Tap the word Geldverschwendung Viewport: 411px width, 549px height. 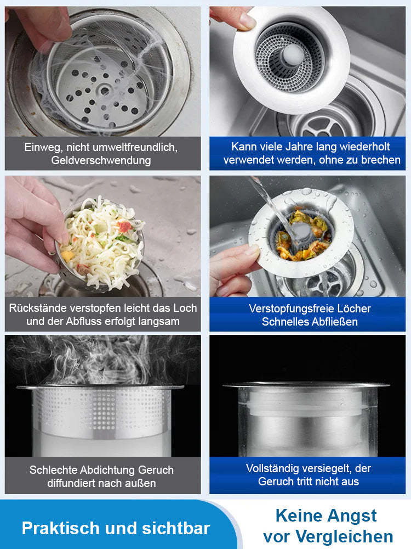click(x=101, y=160)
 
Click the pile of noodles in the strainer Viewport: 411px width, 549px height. click(x=102, y=242)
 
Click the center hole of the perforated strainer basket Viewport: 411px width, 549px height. click(x=105, y=91)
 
